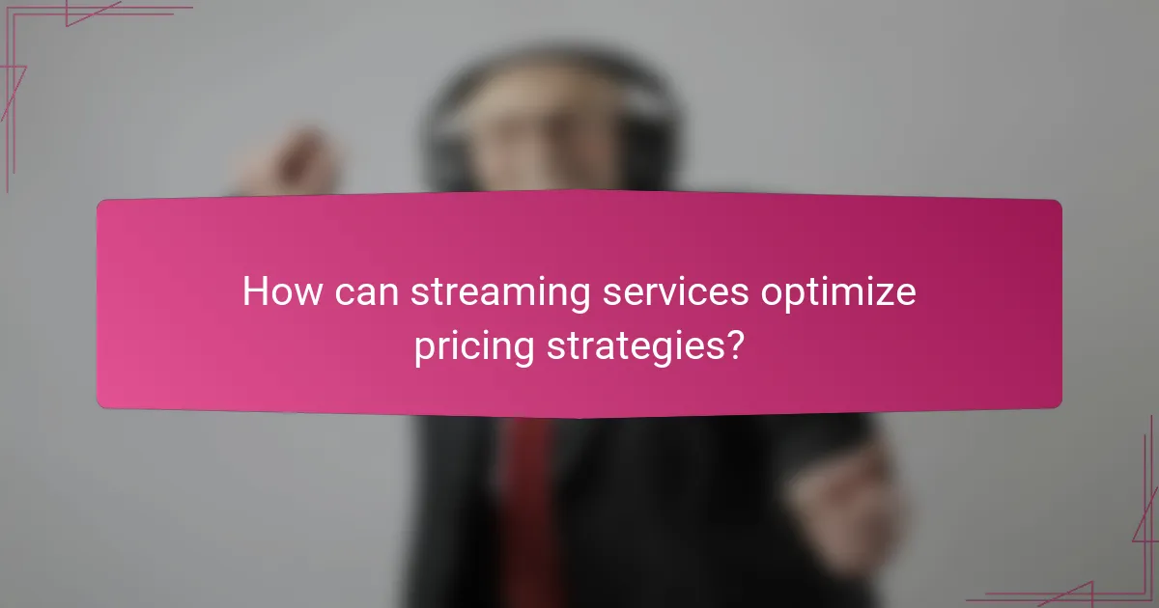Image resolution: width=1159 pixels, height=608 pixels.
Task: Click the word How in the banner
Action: [x=280, y=291]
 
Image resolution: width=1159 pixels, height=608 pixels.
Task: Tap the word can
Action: [x=367, y=293]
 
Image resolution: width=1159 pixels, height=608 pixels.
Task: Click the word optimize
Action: [x=837, y=293]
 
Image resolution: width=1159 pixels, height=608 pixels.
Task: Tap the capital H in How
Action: [x=254, y=291]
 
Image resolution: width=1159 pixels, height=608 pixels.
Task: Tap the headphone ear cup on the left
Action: [x=450, y=154]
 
